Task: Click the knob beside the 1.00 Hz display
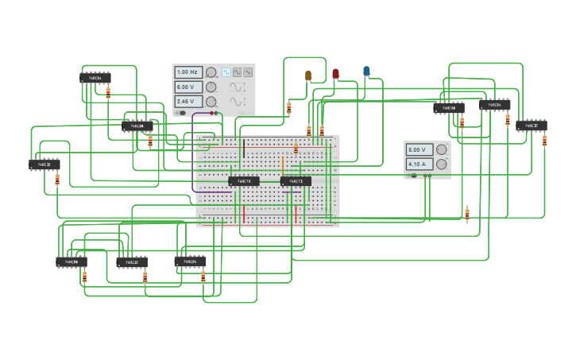click(x=211, y=72)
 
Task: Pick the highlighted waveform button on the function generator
click(x=226, y=72)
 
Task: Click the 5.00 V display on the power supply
click(x=419, y=149)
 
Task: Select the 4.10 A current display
click(x=419, y=164)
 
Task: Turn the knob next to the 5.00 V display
click(x=441, y=149)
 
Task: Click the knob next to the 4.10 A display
click(x=441, y=164)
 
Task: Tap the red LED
click(x=335, y=74)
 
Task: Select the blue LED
click(x=366, y=72)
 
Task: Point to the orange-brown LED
click(x=308, y=75)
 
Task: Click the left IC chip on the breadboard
click(x=244, y=181)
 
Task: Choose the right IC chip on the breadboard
click(x=296, y=181)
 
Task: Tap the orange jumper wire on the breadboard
click(x=283, y=164)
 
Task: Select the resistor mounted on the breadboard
click(x=296, y=149)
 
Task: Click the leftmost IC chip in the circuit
click(x=44, y=165)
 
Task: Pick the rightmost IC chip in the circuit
click(x=532, y=126)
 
